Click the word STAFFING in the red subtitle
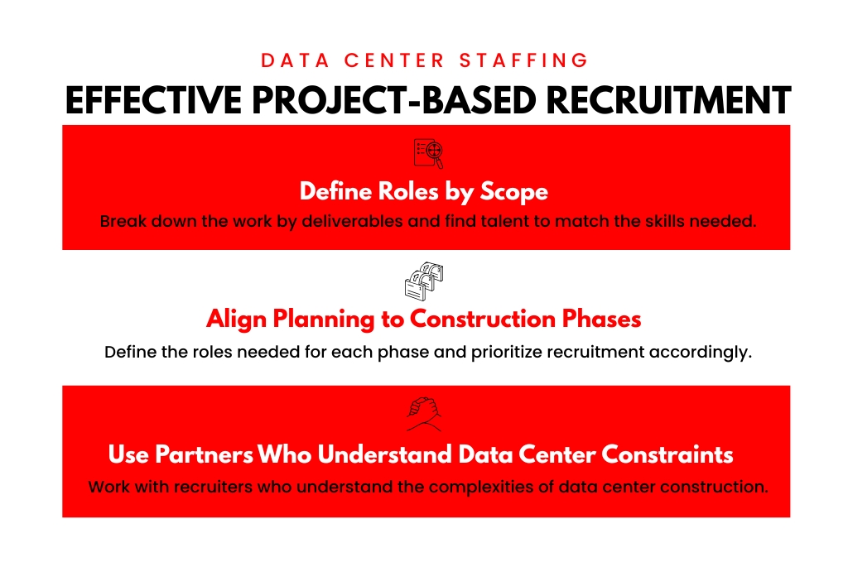pos(523,60)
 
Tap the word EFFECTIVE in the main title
pos(153,100)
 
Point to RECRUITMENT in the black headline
pos(668,100)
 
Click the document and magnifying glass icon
pos(428,153)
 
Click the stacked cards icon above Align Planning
pos(424,281)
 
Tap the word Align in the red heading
pos(236,320)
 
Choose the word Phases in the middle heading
pos(601,320)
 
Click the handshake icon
pos(423,414)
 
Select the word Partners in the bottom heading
pos(204,454)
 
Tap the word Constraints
pos(667,454)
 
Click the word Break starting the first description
pos(123,221)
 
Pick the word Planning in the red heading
pos(324,320)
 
